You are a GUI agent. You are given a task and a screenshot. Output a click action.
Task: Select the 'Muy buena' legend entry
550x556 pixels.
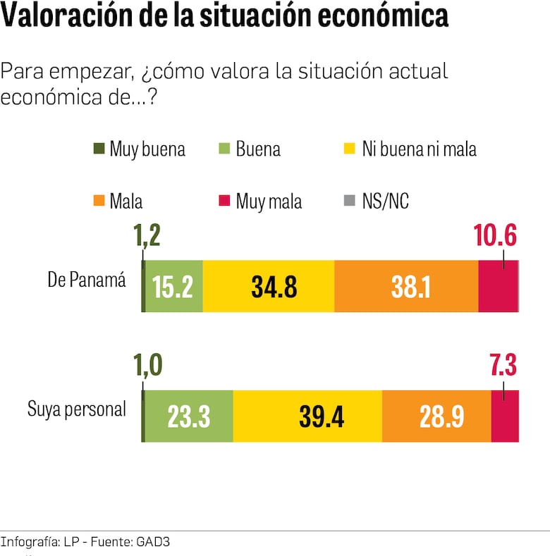(140, 149)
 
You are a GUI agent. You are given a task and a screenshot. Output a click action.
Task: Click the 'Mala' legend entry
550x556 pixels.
(118, 202)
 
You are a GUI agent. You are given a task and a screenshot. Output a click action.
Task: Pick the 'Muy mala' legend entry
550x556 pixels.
(261, 202)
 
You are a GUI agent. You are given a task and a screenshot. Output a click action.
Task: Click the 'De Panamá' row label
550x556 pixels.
(86, 280)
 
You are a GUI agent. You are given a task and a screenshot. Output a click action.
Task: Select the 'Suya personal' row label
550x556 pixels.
(77, 409)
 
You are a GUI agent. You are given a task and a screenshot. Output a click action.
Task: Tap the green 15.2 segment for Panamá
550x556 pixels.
(173, 286)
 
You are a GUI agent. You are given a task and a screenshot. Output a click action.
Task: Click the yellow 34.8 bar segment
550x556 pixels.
(268, 286)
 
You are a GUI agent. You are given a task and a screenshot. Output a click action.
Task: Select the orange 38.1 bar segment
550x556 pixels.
(406, 286)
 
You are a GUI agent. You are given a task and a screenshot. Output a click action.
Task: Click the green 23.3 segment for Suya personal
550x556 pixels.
(188, 416)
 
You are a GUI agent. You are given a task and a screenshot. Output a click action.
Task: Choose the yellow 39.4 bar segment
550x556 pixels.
(307, 416)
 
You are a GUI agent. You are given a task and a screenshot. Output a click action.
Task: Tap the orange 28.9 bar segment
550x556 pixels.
(436, 416)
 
